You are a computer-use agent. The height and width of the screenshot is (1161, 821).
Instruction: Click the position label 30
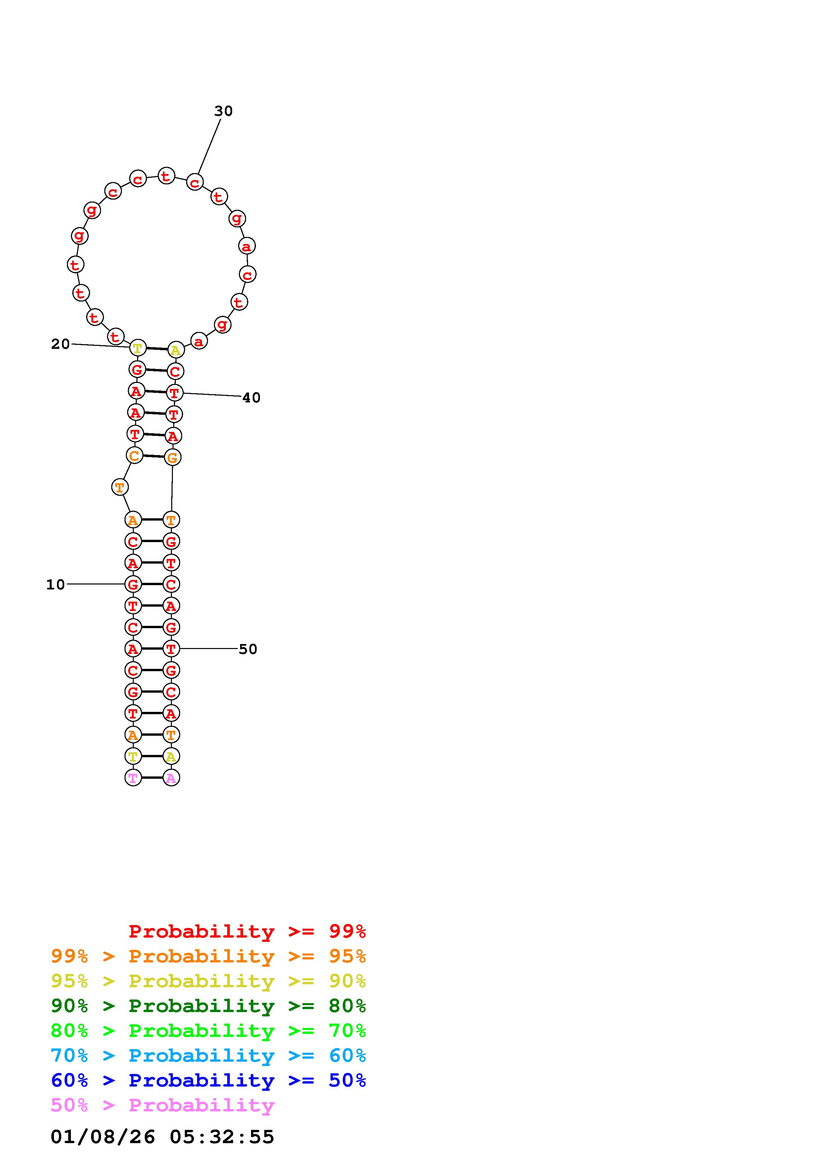click(x=223, y=111)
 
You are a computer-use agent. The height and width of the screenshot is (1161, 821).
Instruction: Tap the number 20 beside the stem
click(x=60, y=344)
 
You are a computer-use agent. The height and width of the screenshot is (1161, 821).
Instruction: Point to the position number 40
click(x=251, y=398)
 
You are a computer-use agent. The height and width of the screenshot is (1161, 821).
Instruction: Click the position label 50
click(x=248, y=649)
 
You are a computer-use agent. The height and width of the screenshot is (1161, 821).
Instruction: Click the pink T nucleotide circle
click(x=133, y=778)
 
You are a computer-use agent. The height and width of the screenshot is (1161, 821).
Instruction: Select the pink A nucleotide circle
click(x=171, y=778)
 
